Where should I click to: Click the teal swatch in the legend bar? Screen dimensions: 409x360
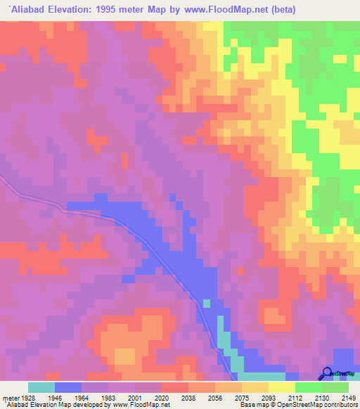(x=41, y=387)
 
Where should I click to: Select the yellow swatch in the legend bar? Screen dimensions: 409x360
(x=281, y=387)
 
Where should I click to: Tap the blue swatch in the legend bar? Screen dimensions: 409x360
(x=68, y=387)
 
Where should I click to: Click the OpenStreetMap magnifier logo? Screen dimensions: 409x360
(x=327, y=374)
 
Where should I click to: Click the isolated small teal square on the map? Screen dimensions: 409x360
(x=207, y=304)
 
